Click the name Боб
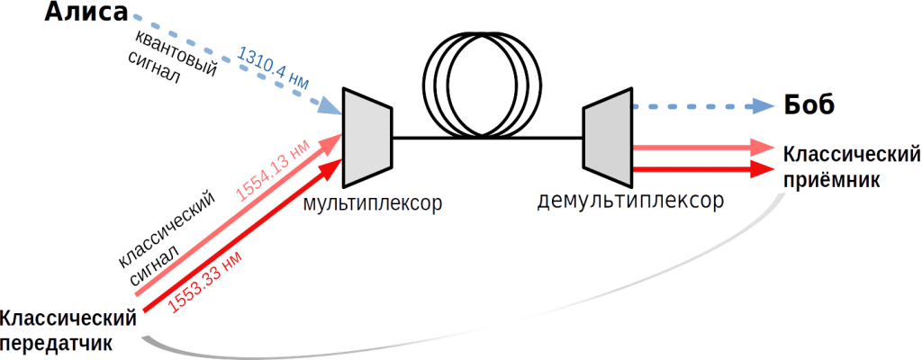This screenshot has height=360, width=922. click(808, 103)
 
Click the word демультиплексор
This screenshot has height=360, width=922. click(629, 200)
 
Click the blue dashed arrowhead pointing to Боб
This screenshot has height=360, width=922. click(766, 106)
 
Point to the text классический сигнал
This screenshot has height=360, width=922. click(167, 238)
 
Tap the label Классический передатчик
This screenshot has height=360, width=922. click(68, 330)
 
